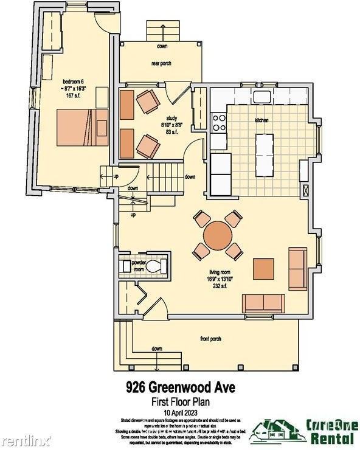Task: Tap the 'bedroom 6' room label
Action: [x=73, y=81]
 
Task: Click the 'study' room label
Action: [x=171, y=118]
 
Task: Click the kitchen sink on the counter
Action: [x=262, y=96]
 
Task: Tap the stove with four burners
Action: [x=218, y=123]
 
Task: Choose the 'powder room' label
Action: [x=139, y=266]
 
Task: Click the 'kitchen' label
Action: [x=262, y=120]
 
